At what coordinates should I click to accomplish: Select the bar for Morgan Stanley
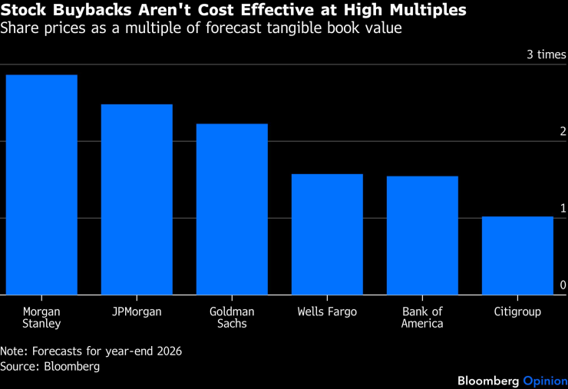41,184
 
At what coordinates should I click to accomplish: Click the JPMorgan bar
137,199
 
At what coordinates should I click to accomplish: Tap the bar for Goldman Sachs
232,209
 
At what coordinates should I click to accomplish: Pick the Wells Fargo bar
327,234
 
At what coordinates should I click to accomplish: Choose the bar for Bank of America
422,235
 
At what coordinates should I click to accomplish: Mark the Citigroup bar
517,255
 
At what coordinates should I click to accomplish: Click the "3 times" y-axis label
546,54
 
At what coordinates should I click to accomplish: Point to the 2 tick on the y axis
563,131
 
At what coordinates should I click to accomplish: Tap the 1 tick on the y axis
563,208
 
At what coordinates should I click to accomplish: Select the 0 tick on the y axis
563,285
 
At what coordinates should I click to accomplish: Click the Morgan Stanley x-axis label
41,318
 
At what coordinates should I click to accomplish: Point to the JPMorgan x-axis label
137,312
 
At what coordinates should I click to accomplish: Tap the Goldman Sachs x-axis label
232,318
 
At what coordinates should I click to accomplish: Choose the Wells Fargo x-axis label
327,312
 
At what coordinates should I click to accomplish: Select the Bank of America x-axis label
422,318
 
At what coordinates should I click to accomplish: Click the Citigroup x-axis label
517,312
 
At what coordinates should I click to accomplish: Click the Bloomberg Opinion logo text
512,381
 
